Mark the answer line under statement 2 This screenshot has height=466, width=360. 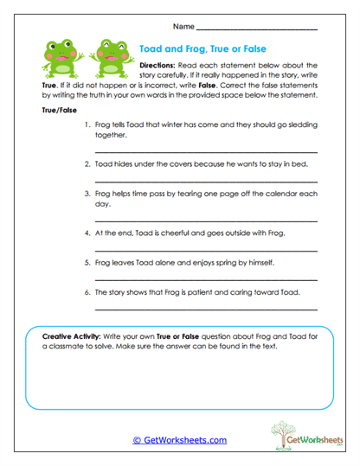[205, 181]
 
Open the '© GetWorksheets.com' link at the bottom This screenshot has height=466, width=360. [179, 440]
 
